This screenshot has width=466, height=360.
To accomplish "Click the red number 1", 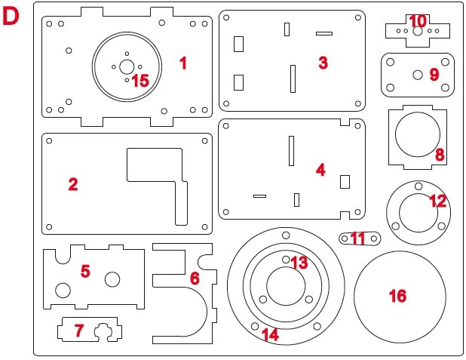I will click(182, 63).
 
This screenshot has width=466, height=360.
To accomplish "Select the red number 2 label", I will click(72, 184).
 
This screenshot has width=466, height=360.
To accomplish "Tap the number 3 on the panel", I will click(323, 63).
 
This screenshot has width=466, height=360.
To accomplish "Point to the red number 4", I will click(320, 170).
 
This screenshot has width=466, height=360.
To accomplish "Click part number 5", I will click(85, 271).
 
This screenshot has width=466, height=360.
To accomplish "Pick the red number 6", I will click(195, 278).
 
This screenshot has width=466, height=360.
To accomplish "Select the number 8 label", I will click(440, 155).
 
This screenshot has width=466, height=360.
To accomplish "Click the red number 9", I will click(434, 74).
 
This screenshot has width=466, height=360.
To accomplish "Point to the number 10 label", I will click(418, 20).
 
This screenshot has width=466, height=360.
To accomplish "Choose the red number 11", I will click(357, 238).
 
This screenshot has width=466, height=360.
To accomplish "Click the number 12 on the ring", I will click(437, 202).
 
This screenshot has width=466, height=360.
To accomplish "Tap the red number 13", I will click(299, 263).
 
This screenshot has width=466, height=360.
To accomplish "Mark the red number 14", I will click(269, 334).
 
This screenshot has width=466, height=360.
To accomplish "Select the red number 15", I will click(140, 80).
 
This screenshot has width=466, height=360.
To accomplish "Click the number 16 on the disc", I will click(397, 296).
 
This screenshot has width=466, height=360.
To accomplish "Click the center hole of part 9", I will click(417, 74).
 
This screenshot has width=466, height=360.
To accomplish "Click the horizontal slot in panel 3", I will click(324, 33).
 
